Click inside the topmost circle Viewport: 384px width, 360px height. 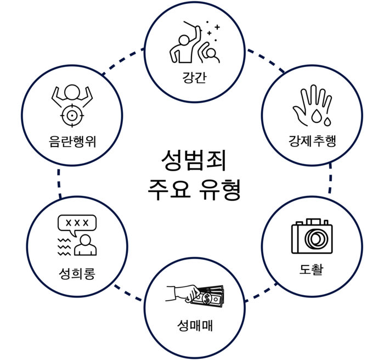[x=195, y=52]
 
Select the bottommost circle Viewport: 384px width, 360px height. [x=195, y=308]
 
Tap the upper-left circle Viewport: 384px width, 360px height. [x=72, y=115]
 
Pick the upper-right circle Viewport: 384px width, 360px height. [x=312, y=115]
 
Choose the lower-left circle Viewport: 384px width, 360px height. [x=77, y=246]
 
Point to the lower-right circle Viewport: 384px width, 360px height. [x=312, y=246]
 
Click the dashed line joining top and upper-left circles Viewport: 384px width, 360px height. [x=123, y=60]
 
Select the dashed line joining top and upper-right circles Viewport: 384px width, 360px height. [x=265, y=59]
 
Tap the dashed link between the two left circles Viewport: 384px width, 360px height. [x=59, y=181]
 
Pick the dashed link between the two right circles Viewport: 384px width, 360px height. [x=330, y=179]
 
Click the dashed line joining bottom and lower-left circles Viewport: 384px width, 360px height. [x=128, y=293]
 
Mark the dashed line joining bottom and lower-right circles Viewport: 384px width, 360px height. [x=261, y=293]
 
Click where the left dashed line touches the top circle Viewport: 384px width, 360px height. [x=144, y=50]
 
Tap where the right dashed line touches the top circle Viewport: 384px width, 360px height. [x=246, y=50]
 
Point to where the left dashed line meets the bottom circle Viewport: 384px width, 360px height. [x=144, y=301]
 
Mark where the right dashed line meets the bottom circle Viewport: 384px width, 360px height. [x=245, y=301]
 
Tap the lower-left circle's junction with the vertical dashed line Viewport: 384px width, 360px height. [x=60, y=196]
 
